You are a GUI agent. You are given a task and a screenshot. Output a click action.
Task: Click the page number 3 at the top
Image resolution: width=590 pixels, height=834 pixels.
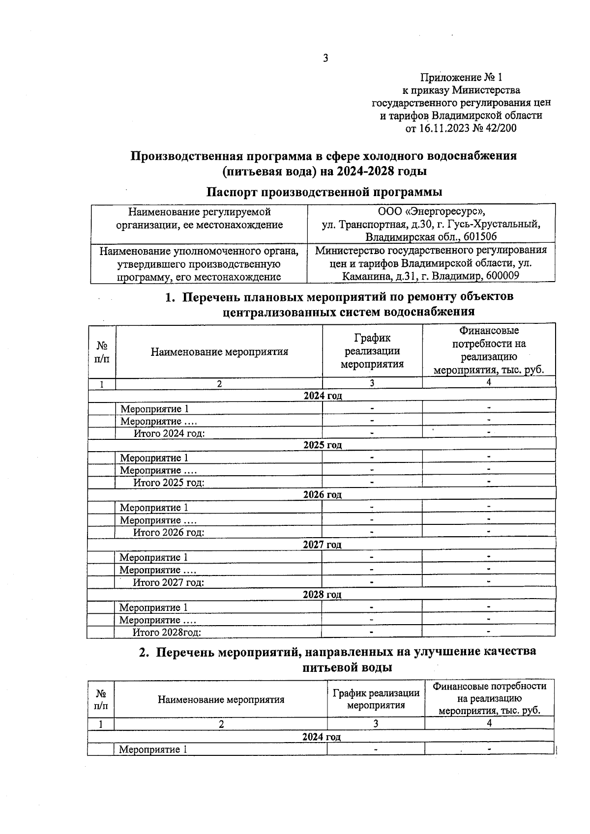coord(325,58)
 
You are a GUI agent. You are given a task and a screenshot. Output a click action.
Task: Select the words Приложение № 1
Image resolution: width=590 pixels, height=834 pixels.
coord(461,78)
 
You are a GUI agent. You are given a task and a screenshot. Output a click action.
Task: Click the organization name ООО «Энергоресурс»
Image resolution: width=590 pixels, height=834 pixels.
coord(431,212)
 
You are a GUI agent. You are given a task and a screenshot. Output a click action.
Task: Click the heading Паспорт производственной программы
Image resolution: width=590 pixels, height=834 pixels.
coord(324,192)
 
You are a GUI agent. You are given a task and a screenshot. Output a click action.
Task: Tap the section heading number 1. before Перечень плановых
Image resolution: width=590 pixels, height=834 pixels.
coord(170,297)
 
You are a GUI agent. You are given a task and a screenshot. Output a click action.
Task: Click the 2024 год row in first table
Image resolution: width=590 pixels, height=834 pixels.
coord(322,396)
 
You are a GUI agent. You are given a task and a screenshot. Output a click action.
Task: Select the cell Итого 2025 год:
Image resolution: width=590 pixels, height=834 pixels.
coord(169,483)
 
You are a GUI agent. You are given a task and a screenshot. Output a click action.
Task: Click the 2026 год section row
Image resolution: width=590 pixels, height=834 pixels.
coord(322,495)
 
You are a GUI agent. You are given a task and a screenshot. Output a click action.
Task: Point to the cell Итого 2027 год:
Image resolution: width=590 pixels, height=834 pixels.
coord(169,583)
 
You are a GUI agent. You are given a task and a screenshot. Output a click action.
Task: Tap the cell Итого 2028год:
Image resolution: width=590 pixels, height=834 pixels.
coord(167,633)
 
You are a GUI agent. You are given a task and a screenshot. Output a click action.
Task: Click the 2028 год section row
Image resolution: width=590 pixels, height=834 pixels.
coord(322,595)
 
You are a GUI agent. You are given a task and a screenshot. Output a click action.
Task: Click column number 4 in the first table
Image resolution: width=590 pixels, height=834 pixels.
coord(489,382)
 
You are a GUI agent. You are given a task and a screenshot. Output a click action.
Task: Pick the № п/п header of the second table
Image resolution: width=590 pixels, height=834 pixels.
coord(101,699)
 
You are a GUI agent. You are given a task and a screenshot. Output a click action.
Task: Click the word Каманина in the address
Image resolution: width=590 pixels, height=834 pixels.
coord(367,276)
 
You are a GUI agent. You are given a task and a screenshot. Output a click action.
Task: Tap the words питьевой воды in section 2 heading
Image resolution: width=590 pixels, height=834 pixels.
coord(347,668)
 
